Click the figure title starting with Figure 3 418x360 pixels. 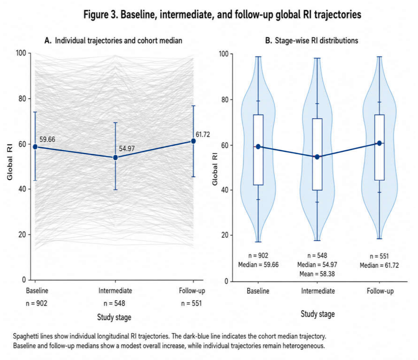222,15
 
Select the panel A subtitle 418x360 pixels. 113,41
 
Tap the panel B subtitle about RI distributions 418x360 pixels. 312,41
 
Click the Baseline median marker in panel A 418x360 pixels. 35,147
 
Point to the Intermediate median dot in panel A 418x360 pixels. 115,157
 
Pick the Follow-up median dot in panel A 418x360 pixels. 193,141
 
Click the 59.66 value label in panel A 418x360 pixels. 47,139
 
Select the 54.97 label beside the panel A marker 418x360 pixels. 127,149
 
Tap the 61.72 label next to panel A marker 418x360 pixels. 203,135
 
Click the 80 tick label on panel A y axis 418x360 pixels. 22,99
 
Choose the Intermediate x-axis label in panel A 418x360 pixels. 115,291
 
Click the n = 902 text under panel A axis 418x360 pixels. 37,303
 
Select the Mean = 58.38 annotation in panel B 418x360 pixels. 317,274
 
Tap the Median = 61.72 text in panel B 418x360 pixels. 379,265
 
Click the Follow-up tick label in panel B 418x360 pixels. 380,291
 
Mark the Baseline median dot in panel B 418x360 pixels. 258,147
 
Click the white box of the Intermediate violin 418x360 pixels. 317,154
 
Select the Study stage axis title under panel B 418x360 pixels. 318,314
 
